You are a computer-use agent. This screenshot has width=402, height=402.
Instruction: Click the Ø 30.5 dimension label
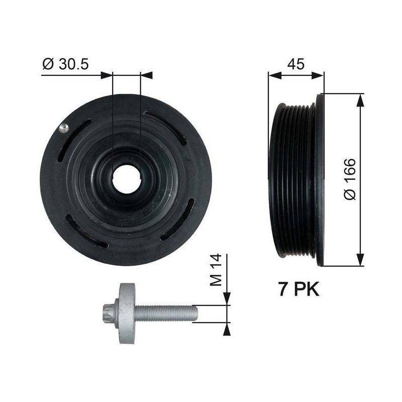(x=65, y=64)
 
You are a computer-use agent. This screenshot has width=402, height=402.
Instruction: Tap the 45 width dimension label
(x=295, y=64)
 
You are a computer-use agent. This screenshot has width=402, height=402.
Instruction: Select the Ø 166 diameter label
(x=350, y=179)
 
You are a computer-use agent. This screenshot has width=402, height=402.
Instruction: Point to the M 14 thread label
(x=216, y=270)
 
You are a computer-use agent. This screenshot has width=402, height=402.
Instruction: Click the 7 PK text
(x=299, y=289)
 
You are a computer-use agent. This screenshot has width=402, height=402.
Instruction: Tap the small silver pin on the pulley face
(x=63, y=128)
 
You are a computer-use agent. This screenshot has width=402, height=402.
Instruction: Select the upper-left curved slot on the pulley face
(x=73, y=140)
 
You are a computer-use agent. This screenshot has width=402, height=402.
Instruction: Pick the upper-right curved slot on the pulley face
(x=165, y=128)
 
